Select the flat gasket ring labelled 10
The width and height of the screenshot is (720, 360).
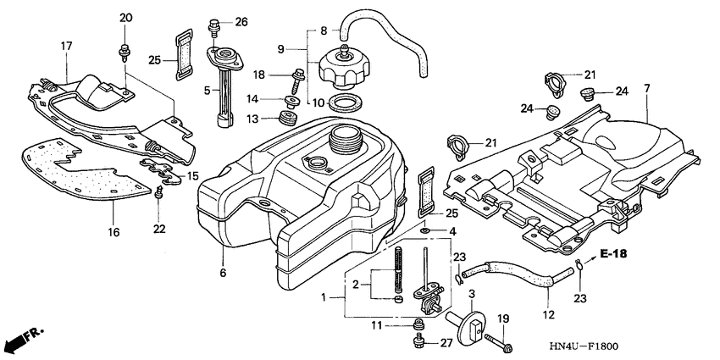[341, 105]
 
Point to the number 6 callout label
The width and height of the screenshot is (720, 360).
[223, 274]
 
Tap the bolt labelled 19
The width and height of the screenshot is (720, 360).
[499, 342]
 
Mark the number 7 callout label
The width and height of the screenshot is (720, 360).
[646, 88]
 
